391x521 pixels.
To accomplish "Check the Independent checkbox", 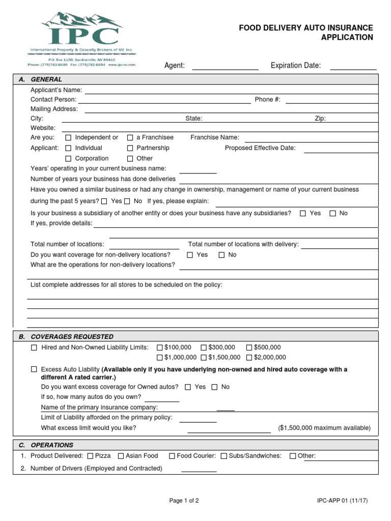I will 68,138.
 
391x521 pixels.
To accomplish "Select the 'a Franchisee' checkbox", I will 130,138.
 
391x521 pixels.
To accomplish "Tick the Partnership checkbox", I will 130,148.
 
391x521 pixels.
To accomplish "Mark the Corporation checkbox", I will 68,159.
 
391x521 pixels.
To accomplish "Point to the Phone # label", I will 267,100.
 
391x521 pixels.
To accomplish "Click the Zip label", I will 320,119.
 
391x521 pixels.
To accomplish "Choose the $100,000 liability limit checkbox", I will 160,348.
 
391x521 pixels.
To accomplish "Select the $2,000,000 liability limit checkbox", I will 249,358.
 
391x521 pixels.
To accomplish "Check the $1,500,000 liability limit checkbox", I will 204,358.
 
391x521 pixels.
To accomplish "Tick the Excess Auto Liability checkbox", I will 34,369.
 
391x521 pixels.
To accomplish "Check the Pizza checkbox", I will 90,456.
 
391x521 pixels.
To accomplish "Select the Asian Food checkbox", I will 121,456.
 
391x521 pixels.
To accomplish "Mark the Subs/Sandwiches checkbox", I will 224,456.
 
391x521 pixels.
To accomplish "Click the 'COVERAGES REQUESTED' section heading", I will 72,337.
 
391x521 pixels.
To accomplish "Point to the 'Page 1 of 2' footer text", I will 184,501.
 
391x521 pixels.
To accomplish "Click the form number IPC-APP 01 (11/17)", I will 342,501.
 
